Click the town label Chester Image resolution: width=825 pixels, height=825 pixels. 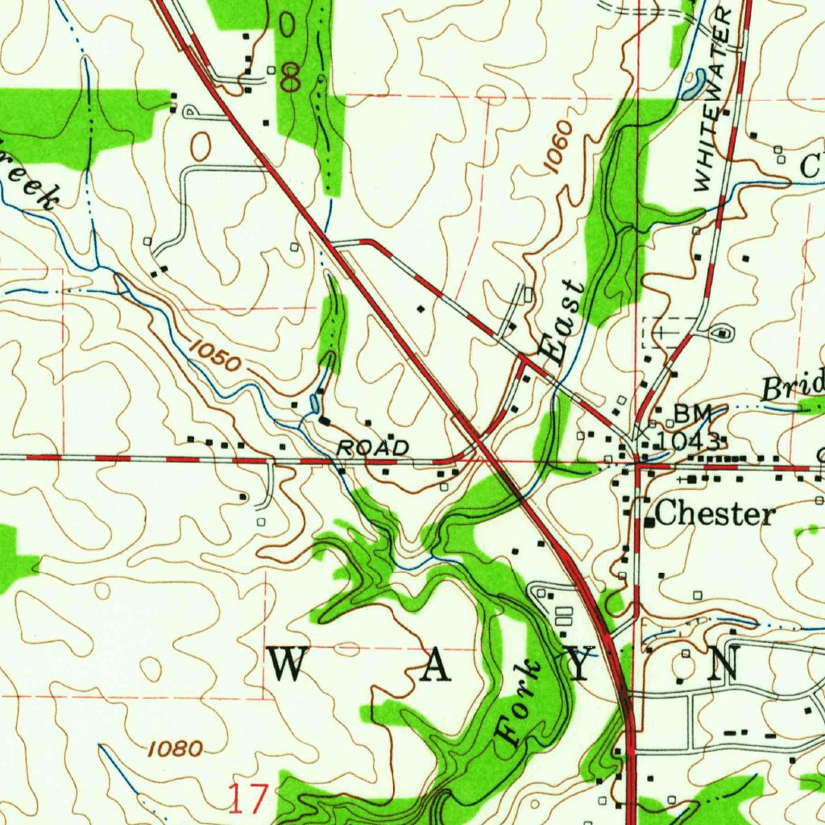click(x=715, y=515)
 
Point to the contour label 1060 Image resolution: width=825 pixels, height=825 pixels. click(x=558, y=146)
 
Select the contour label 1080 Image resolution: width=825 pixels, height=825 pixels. click(x=175, y=749)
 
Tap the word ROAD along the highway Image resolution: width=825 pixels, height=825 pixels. click(x=372, y=447)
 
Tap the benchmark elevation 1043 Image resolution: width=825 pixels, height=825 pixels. click(x=687, y=441)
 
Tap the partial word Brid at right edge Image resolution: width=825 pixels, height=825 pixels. click(x=793, y=386)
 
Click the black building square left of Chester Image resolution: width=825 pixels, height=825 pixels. click(x=649, y=521)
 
